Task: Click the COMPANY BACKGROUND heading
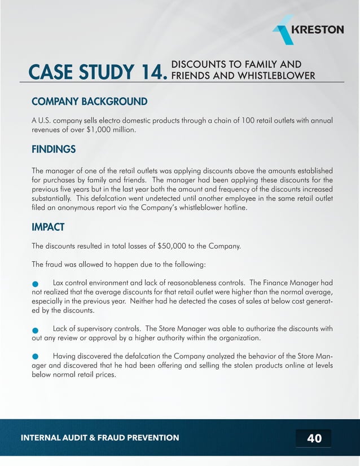tap(90, 102)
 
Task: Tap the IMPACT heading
tap(48, 227)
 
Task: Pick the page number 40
tap(314, 438)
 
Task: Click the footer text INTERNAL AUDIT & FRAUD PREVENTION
tap(100, 438)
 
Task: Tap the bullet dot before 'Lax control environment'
tap(36, 284)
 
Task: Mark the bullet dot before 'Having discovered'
tap(36, 357)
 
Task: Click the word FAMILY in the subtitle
tap(262, 64)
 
